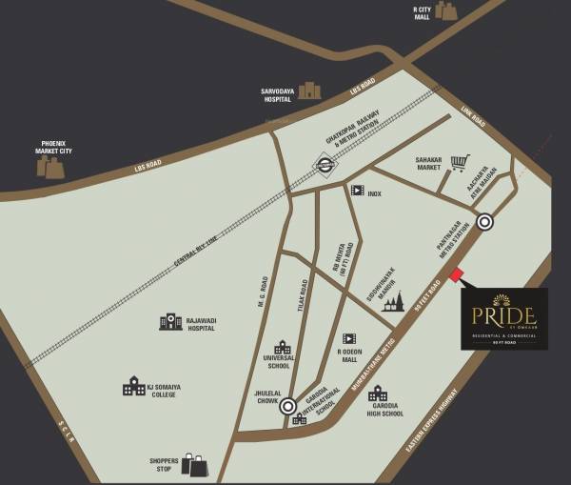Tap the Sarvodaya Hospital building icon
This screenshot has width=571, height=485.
pyautogui.click(x=309, y=91)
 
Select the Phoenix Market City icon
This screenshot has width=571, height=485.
pyautogui.click(x=50, y=168)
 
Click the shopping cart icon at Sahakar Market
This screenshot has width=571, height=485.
pyautogui.click(x=461, y=163)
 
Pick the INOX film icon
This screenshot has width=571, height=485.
pyautogui.click(x=357, y=191)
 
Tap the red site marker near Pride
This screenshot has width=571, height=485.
pyautogui.click(x=456, y=275)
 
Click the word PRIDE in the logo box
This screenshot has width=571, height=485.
pyautogui.click(x=504, y=315)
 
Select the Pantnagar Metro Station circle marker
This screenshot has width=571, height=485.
pyautogui.click(x=485, y=222)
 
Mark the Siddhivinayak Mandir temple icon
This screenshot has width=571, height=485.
pyautogui.click(x=392, y=302)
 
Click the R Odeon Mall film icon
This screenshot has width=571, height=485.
pyautogui.click(x=349, y=338)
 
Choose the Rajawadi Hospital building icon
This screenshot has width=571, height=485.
pyautogui.click(x=171, y=321)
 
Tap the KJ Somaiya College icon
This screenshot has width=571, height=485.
pyautogui.click(x=134, y=386)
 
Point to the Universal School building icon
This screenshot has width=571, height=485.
pyautogui.click(x=283, y=348)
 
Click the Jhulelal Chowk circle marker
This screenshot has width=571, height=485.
pyautogui.click(x=287, y=407)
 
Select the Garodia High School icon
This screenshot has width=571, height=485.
pyautogui.click(x=378, y=394)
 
